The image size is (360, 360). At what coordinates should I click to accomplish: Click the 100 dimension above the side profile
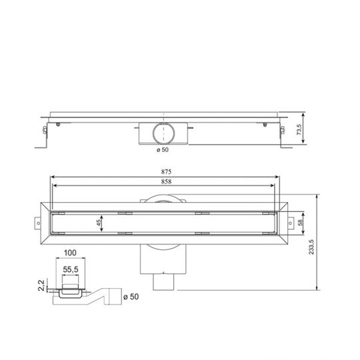(71, 254)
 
